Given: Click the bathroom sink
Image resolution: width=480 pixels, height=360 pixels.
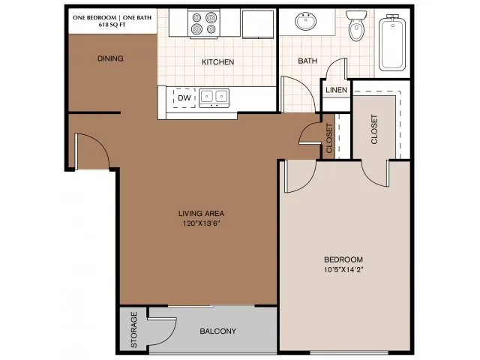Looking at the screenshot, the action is [305, 22].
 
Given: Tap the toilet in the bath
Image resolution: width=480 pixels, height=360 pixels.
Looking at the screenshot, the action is [356, 26].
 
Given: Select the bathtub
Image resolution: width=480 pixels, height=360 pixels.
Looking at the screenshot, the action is [392, 43].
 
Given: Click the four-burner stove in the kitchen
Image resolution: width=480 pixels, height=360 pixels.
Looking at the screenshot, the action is [204, 23].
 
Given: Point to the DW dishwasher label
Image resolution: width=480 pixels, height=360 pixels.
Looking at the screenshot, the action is [184, 98].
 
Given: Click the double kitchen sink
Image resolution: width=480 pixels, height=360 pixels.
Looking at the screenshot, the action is [214, 98].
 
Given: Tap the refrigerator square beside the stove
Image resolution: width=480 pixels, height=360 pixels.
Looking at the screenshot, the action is [258, 24].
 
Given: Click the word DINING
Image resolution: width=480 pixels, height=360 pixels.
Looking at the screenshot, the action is [110, 58].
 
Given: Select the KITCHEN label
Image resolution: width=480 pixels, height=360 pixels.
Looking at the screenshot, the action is [218, 62].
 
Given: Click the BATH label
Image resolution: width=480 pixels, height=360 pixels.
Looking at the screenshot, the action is [307, 61].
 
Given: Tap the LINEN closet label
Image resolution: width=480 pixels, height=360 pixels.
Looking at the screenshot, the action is [337, 90].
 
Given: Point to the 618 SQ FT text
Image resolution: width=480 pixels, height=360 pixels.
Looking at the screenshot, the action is [112, 25].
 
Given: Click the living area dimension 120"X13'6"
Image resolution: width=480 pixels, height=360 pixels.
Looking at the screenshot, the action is [202, 223].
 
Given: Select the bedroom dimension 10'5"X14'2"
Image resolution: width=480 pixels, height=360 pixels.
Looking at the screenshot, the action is [343, 270].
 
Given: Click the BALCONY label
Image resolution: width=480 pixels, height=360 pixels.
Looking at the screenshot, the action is [218, 331].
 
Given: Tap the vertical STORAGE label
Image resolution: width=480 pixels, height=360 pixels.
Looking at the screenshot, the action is [134, 330].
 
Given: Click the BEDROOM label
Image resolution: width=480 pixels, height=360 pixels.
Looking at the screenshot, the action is [343, 259].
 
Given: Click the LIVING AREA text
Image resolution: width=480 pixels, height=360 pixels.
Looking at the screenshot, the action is [202, 213].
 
